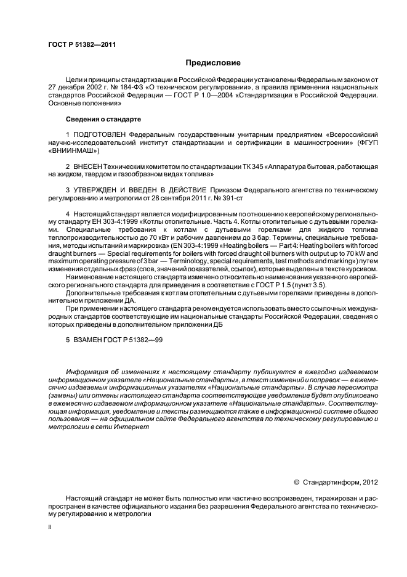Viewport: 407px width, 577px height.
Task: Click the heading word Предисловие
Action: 214,63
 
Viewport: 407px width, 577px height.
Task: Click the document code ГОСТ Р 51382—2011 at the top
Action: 81,44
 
